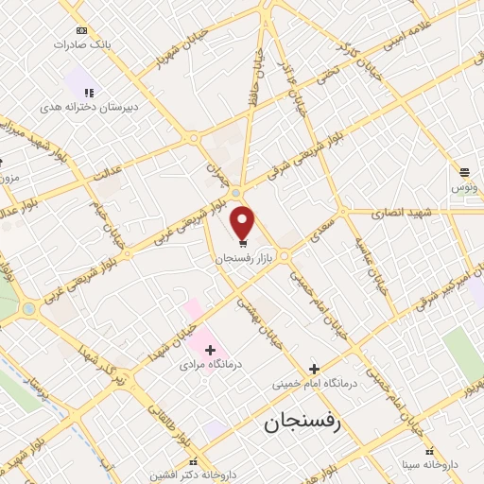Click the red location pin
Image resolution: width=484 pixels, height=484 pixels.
coord(243,222)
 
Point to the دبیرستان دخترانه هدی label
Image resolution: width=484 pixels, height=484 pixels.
coord(89,107)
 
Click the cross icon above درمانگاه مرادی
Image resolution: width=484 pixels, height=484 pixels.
coord(211,350)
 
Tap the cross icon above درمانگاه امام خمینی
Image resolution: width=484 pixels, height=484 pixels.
coord(314,369)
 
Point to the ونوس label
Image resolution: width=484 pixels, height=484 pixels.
coord(463,187)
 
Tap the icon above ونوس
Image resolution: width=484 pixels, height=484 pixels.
coord(465,172)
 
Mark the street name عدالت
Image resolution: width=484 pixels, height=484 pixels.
coord(108,173)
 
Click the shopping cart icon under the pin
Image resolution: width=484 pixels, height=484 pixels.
coord(244,243)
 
